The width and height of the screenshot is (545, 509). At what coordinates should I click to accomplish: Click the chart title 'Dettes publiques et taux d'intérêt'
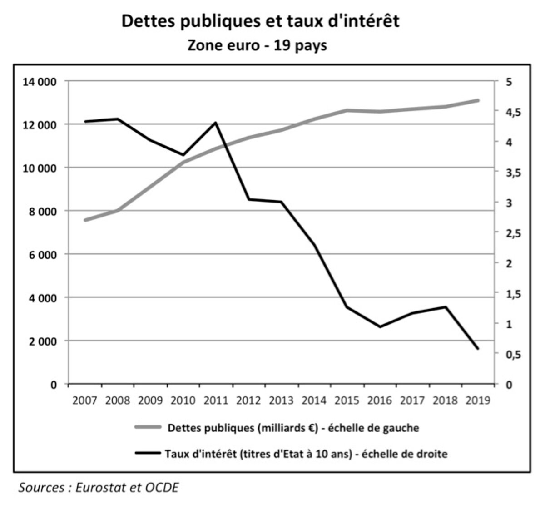click(260, 21)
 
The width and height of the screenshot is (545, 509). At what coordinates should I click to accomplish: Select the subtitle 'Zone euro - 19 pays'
click(258, 45)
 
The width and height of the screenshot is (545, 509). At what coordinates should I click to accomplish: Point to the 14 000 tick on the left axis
click(41, 82)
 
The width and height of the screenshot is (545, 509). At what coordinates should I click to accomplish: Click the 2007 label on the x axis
click(85, 400)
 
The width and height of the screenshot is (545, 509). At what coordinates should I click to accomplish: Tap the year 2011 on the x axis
click(216, 400)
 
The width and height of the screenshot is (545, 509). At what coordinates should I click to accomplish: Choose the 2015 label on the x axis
click(347, 400)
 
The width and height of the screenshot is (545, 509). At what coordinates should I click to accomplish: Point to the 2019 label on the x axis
click(478, 400)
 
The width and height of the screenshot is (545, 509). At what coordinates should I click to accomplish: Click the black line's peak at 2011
click(216, 123)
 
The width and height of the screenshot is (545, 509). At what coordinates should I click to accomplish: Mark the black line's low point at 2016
click(380, 326)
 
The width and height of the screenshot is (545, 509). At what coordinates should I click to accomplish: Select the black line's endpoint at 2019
click(478, 349)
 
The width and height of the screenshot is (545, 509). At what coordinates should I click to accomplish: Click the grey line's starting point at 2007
click(85, 220)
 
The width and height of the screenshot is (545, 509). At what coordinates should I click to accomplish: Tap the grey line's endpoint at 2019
click(478, 100)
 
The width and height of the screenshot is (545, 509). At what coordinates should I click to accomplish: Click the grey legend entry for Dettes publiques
click(293, 428)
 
